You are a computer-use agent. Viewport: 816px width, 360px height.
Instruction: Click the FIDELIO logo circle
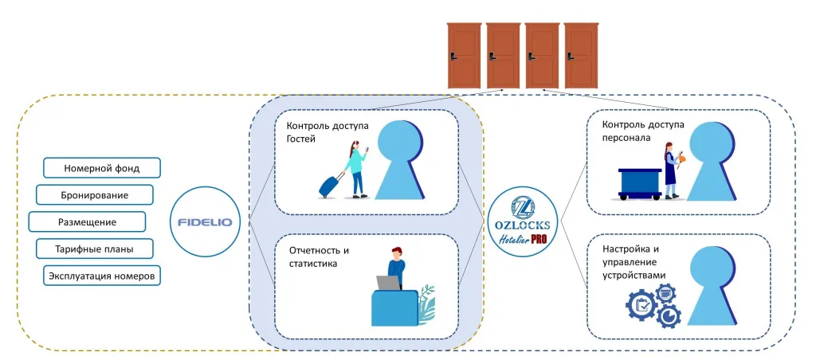[x=209, y=221]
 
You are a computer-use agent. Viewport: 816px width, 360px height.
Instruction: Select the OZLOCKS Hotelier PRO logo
[x=522, y=221]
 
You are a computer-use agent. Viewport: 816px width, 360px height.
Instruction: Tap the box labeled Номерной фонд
[x=101, y=168]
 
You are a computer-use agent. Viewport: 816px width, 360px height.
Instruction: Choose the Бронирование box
[x=94, y=195]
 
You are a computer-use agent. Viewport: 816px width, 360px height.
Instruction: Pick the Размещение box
[x=87, y=222]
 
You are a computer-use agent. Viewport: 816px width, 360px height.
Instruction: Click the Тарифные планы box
[x=94, y=249]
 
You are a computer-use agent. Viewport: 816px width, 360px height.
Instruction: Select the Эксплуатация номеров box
[x=101, y=276]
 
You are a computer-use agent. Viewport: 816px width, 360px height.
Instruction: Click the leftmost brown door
[x=465, y=55]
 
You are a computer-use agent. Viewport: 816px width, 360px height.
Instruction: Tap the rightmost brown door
[x=581, y=55]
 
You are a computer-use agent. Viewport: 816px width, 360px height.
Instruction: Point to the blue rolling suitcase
[x=329, y=186]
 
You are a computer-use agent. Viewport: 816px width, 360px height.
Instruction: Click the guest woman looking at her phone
[x=357, y=170]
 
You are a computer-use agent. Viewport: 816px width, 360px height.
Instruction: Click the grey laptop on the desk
[x=388, y=283]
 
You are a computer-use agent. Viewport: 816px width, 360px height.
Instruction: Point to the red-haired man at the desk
[x=395, y=267]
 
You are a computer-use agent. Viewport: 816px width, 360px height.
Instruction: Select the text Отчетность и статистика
[x=319, y=257]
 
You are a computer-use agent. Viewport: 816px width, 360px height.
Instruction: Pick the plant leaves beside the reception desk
[x=426, y=304]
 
